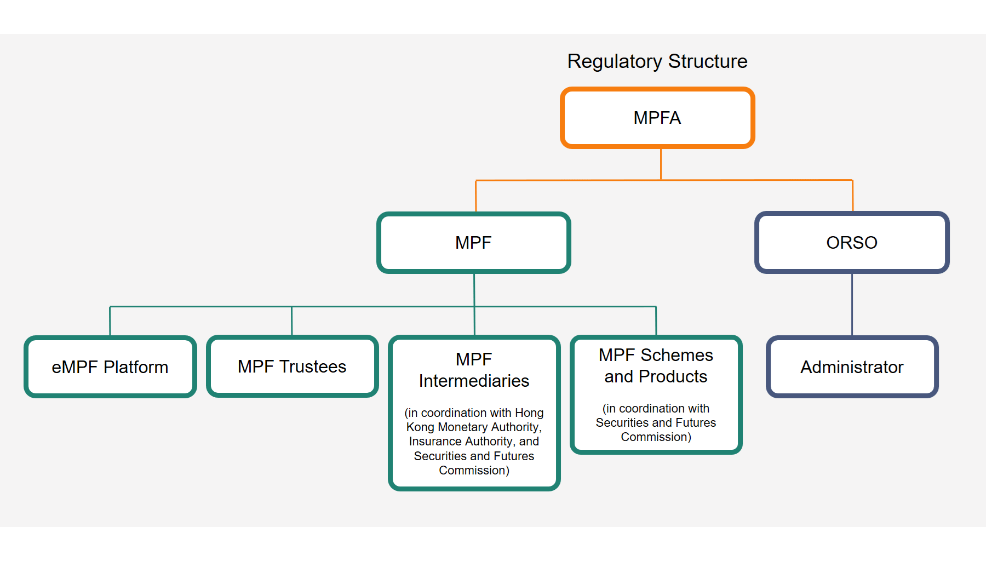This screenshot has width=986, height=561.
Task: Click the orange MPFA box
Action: coord(657,118)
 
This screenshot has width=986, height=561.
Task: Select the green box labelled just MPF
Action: coord(474,242)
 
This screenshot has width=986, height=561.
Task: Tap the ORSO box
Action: coord(852,242)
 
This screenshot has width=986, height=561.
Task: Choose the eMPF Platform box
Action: coord(110,367)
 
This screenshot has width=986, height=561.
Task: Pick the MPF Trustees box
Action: coord(292,366)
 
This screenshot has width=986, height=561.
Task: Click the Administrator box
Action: coord(852,367)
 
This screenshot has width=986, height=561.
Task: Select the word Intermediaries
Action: coord(474,381)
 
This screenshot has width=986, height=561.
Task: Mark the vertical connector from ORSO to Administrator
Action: coord(852,305)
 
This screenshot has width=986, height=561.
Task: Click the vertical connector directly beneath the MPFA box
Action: coord(661,164)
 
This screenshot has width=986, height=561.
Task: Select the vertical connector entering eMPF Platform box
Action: coord(110,321)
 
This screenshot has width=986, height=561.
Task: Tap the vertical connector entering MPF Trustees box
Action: coord(292,320)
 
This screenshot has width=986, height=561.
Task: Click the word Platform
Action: coord(136,367)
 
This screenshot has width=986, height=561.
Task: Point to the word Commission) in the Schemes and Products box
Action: coord(656,437)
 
